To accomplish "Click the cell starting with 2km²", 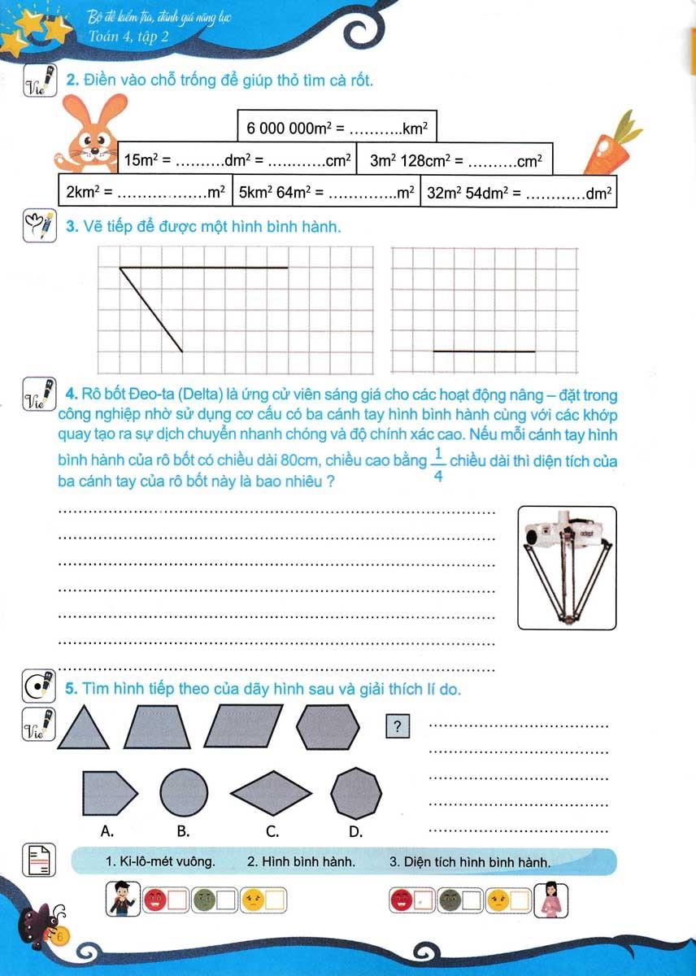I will pyautogui.click(x=146, y=193).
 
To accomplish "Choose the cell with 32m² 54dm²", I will pyautogui.click(x=519, y=193).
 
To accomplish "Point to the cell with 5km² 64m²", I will pyautogui.click(x=326, y=193).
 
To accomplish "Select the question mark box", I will pyautogui.click(x=397, y=726).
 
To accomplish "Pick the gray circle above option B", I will pyautogui.click(x=183, y=791).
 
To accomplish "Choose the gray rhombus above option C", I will pyautogui.click(x=272, y=791).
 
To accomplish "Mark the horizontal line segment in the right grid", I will pyautogui.click(x=484, y=351).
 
